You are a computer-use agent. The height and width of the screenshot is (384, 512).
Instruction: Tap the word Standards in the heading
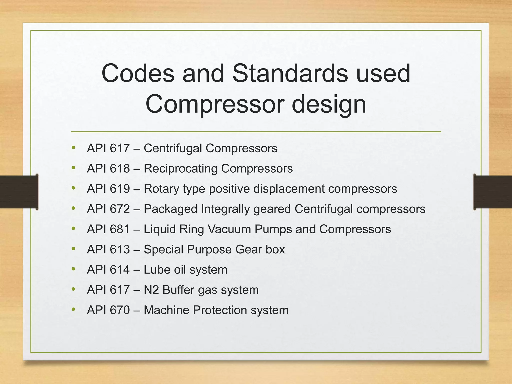[x=290, y=73]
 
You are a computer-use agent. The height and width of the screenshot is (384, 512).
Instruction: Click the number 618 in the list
[x=120, y=168]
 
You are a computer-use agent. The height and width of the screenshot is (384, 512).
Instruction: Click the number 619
[x=120, y=189]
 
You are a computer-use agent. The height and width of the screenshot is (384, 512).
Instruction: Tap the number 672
[x=120, y=209]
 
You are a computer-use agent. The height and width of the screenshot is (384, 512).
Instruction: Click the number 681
[x=120, y=229]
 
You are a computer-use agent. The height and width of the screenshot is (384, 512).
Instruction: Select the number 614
[x=120, y=270]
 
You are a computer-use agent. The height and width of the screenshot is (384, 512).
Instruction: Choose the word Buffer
[x=178, y=290]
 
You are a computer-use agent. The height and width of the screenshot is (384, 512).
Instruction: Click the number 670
[x=120, y=310]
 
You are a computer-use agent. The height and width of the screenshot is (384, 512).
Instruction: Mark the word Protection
[x=220, y=310]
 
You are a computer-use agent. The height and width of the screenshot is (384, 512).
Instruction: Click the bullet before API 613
[x=73, y=249]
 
